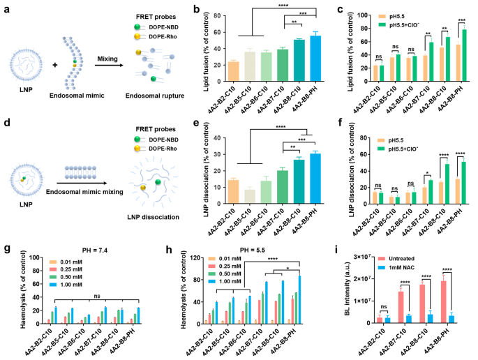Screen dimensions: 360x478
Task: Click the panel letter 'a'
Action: click(x=5, y=6)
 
